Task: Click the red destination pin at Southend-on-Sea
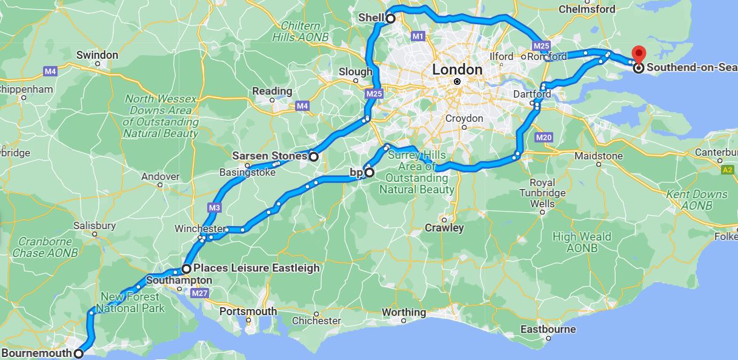click(x=638, y=53)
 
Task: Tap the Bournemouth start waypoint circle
click(x=78, y=353)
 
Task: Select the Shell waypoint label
click(x=371, y=18)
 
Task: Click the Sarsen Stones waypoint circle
click(x=313, y=156)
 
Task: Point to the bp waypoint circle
click(x=369, y=173)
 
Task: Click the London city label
click(x=457, y=70)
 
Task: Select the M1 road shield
click(x=417, y=36)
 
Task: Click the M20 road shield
click(x=544, y=138)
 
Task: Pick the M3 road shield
click(x=213, y=208)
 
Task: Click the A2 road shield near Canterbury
click(x=728, y=171)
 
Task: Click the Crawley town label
click(x=444, y=228)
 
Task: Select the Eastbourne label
click(x=548, y=330)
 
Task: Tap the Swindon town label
click(x=97, y=55)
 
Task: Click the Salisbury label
click(x=95, y=225)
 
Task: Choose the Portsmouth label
click(x=248, y=312)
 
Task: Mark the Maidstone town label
click(x=598, y=156)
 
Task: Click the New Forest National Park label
click(x=130, y=302)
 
